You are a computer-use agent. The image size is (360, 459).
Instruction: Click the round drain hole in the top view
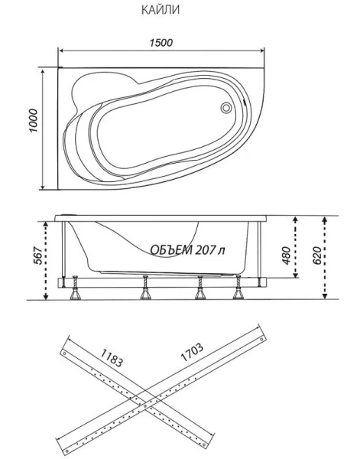pos(226,108)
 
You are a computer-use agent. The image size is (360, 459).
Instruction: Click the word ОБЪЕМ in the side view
pos(172,252)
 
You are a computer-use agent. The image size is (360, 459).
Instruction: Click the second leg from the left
pos(143,290)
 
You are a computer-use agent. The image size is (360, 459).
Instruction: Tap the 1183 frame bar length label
pos(112,356)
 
